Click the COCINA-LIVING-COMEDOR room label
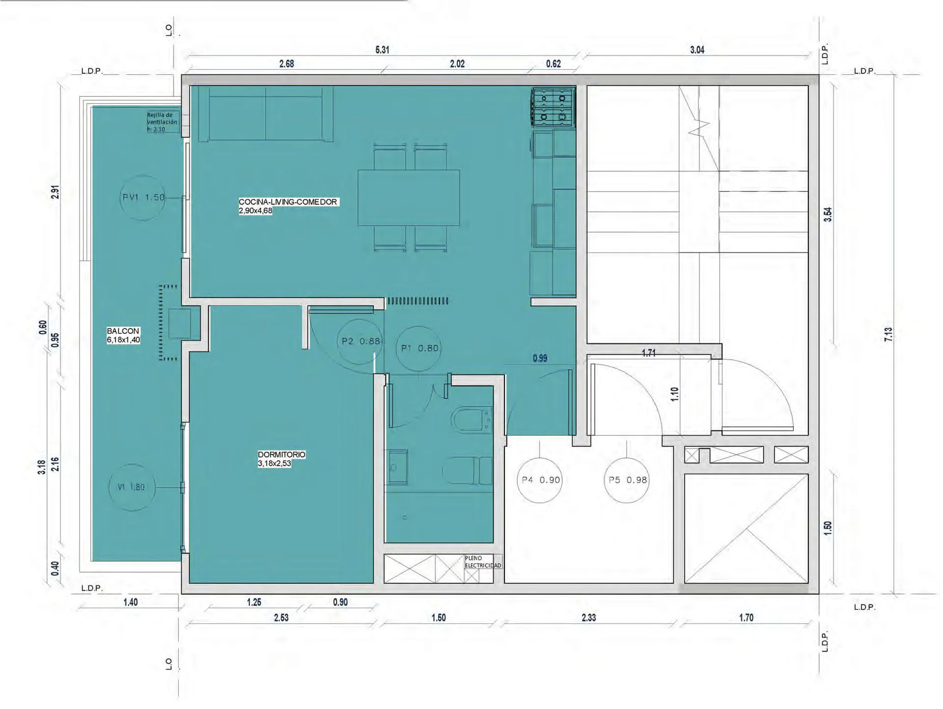[x=288, y=202]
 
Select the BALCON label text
[x=123, y=331]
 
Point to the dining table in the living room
[x=409, y=198]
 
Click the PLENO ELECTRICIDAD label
[x=483, y=562]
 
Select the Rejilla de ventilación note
[x=162, y=122]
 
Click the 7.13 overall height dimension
[x=888, y=334]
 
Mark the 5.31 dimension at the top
[x=382, y=50]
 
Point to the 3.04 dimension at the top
[x=697, y=50]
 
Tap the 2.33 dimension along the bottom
[x=588, y=618]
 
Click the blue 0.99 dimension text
[x=540, y=358]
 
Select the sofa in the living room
[x=266, y=114]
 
